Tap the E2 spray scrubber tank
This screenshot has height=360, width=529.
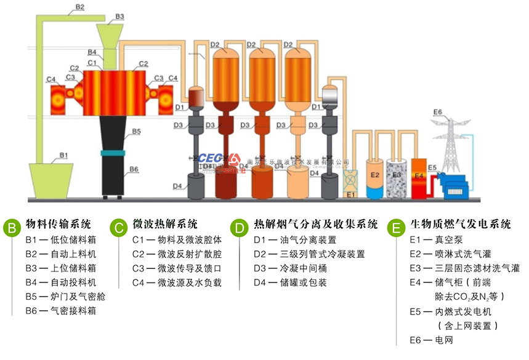click(x=374, y=178)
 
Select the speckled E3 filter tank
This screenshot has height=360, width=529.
click(x=397, y=178)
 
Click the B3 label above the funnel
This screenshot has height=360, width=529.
click(x=119, y=16)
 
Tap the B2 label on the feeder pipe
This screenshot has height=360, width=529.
click(x=79, y=7)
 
